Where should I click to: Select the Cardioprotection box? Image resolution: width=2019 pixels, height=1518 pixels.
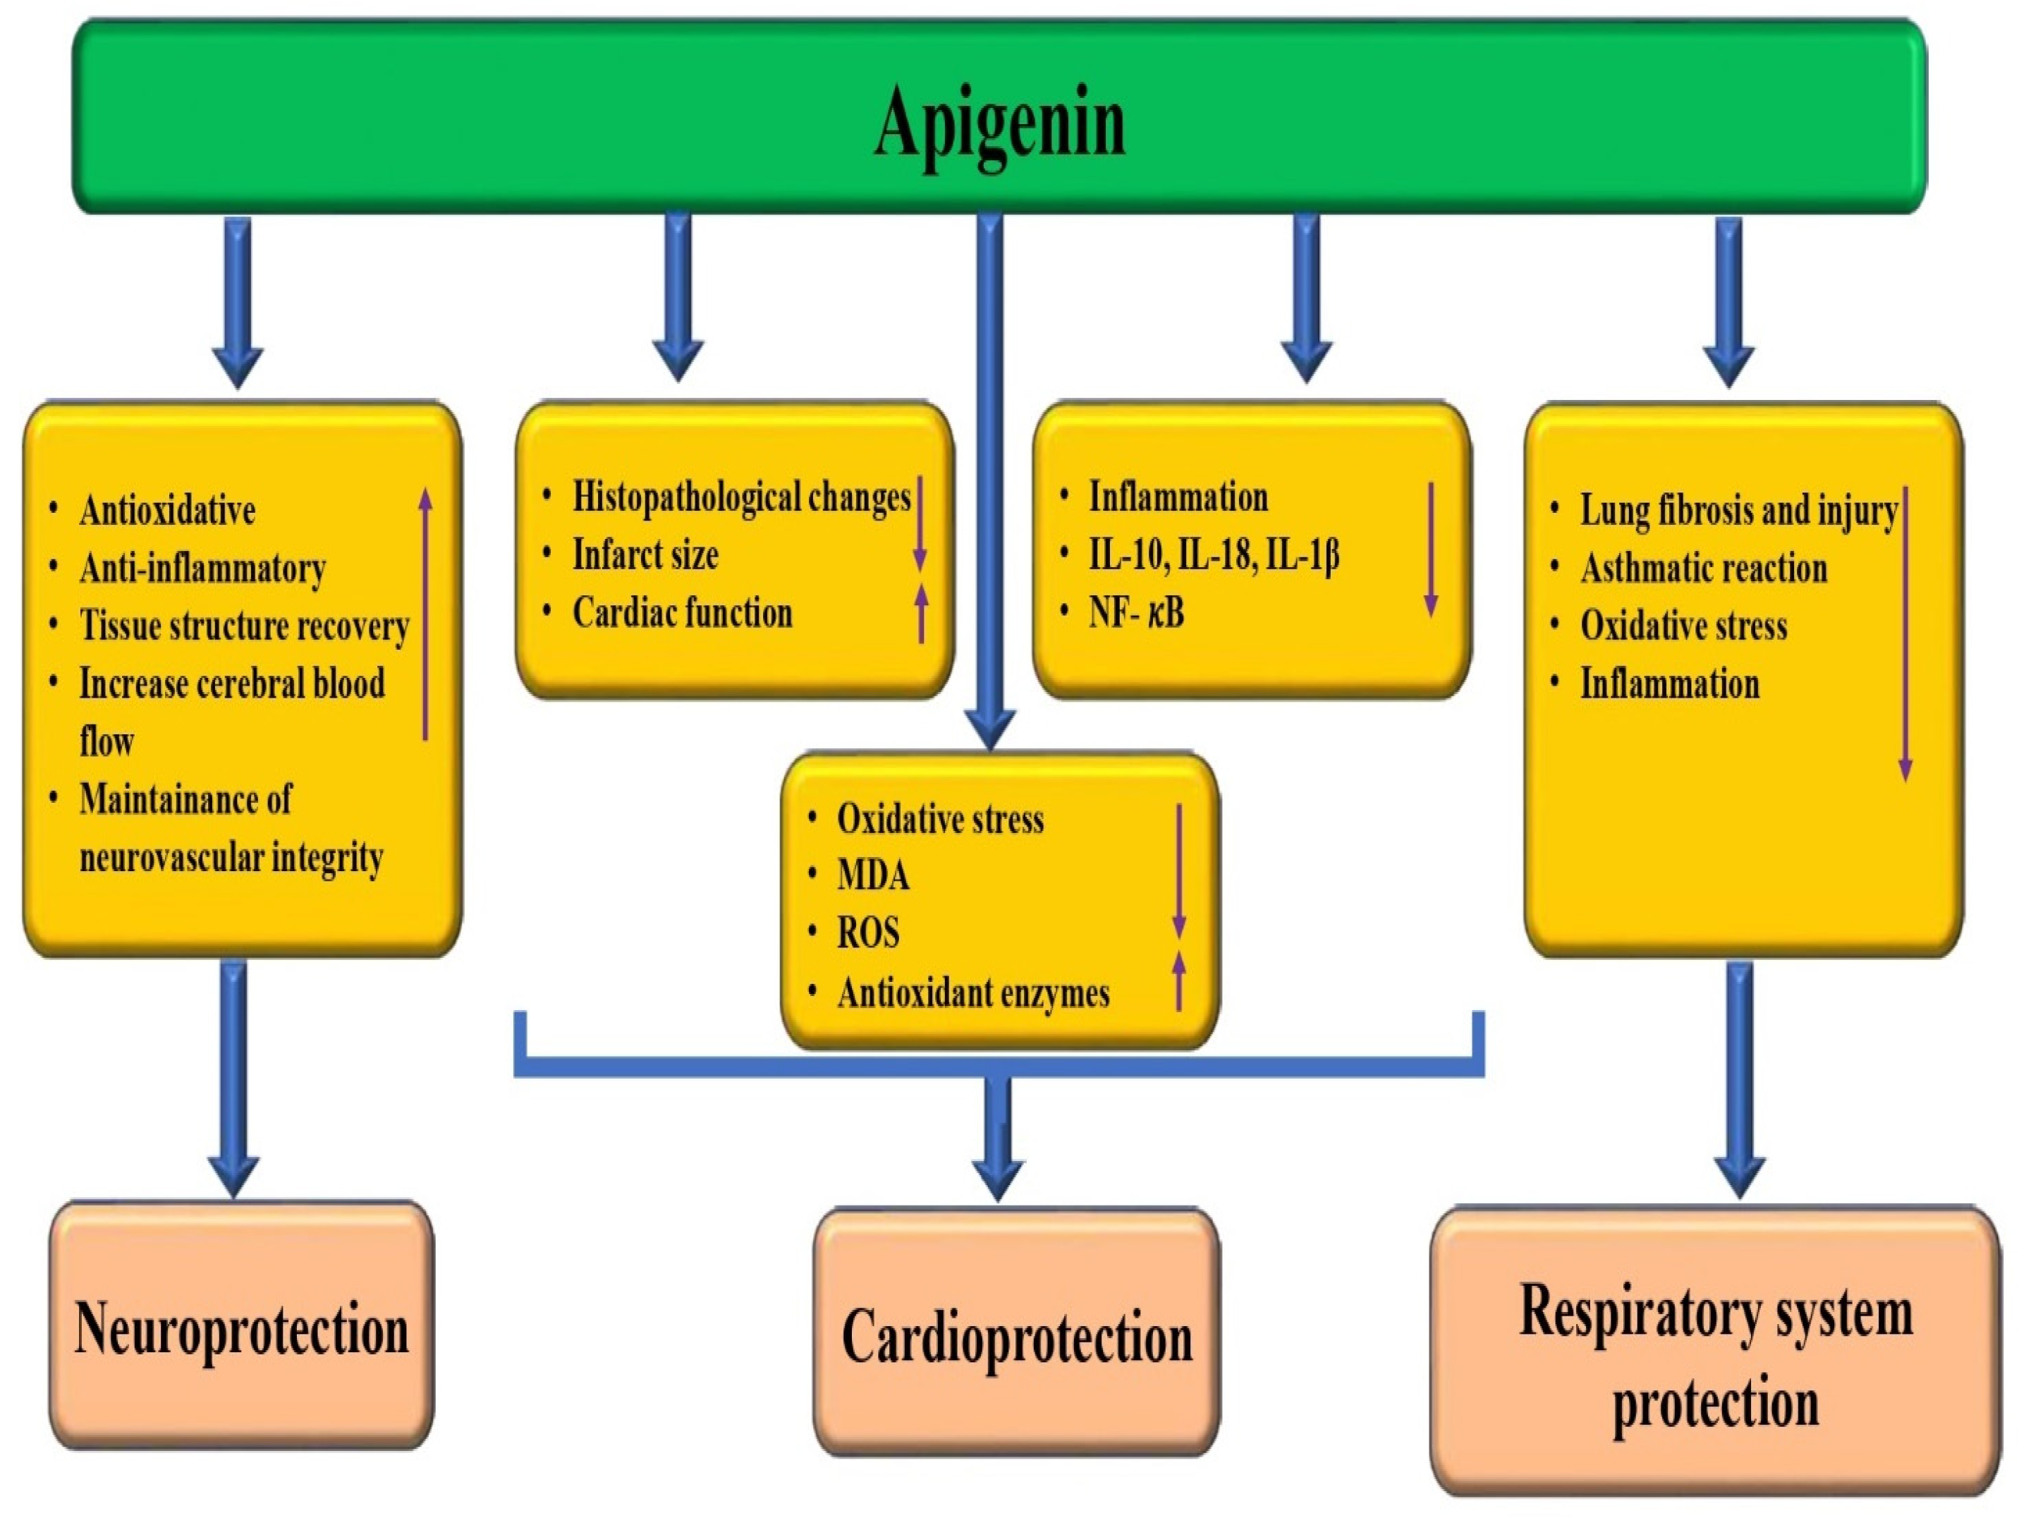pos(1016,1335)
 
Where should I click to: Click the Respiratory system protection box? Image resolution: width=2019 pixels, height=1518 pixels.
pos(1714,1354)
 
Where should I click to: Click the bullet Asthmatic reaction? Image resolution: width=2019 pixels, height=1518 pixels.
pos(1703,569)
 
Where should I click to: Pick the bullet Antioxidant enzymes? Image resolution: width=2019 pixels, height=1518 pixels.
pos(973,993)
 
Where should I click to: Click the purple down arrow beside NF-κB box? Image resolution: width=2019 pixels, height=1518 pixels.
pos(1430,549)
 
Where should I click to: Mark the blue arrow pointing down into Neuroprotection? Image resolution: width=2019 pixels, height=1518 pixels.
pos(233,1077)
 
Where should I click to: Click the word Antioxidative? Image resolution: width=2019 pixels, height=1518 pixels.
pos(167,510)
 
